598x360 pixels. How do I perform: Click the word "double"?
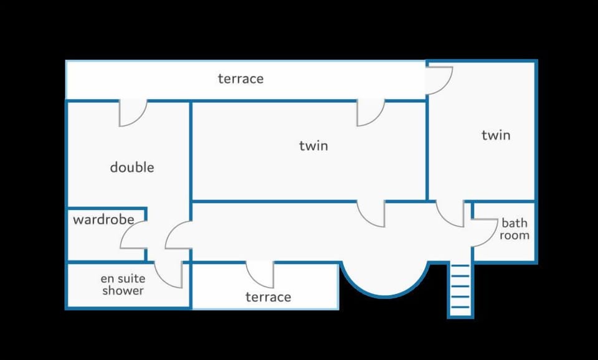coord(132,167)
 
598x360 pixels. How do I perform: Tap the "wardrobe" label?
coord(103,219)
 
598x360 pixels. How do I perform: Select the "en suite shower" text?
coord(123,285)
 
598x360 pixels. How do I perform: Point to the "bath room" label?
coord(515,229)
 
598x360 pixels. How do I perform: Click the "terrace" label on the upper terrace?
coord(240,78)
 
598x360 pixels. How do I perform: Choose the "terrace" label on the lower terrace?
coord(268,296)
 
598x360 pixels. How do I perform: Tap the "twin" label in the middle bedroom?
coord(313,146)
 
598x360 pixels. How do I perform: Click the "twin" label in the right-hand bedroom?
coord(496,135)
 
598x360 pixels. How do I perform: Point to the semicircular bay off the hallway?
coord(385,279)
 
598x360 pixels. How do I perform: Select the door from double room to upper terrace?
coord(133,113)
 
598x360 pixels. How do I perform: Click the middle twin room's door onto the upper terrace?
coord(370,113)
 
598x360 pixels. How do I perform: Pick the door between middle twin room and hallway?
coord(371,214)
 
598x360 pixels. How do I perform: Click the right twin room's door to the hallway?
coord(450,214)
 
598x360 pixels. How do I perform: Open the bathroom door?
coord(485,232)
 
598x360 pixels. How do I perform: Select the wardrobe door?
coord(133,235)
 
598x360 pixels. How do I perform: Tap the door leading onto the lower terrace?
coord(260,275)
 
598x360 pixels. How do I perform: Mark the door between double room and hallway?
coord(179,235)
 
